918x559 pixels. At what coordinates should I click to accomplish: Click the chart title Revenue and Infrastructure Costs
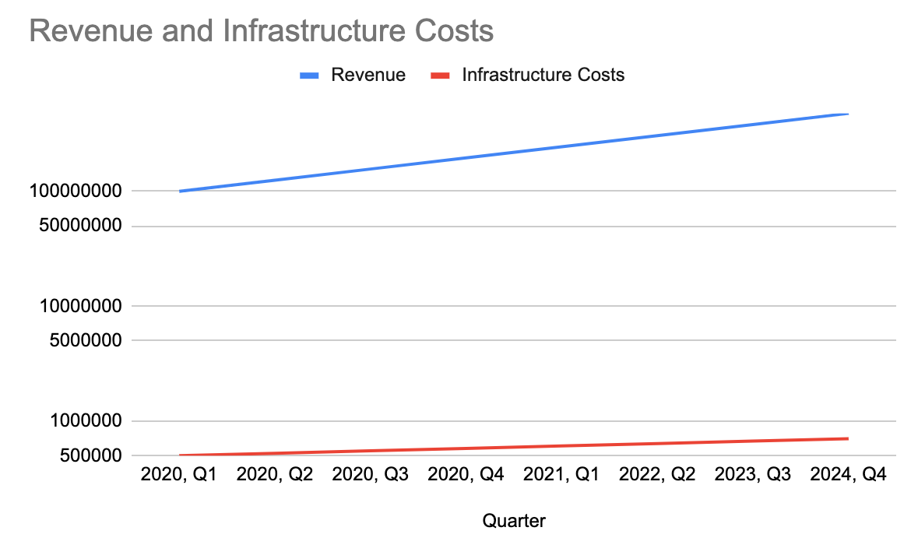[262, 31]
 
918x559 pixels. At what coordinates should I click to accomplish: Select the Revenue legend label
[368, 75]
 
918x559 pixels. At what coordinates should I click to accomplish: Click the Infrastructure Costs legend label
[543, 75]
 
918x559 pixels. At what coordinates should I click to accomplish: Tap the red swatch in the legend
[441, 76]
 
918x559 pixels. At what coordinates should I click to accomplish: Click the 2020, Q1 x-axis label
[179, 475]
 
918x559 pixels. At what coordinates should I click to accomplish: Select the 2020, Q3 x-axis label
[370, 475]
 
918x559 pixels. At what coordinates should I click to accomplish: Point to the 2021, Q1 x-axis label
[561, 475]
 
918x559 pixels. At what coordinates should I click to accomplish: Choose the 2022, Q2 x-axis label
[656, 475]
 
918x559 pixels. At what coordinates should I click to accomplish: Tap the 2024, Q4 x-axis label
[848, 475]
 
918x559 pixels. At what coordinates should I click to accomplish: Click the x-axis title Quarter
[514, 521]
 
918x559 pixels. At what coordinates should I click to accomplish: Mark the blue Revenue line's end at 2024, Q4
[847, 114]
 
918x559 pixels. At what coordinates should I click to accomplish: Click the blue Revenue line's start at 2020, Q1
[180, 191]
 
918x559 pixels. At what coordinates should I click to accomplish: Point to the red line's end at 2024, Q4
[847, 438]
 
